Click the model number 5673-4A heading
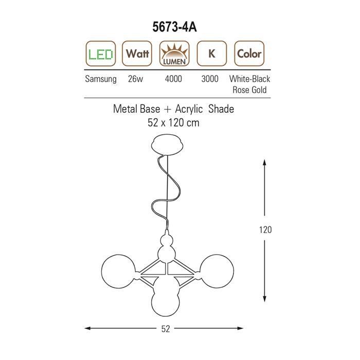[x=174, y=27]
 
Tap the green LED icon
[x=101, y=53]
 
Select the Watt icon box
[x=137, y=53]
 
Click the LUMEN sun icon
[x=174, y=53]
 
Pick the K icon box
[x=212, y=53]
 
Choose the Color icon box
[x=249, y=53]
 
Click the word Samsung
[x=101, y=79]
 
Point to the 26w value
[x=135, y=79]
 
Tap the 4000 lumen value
[x=173, y=79]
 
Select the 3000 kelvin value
[x=210, y=79]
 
